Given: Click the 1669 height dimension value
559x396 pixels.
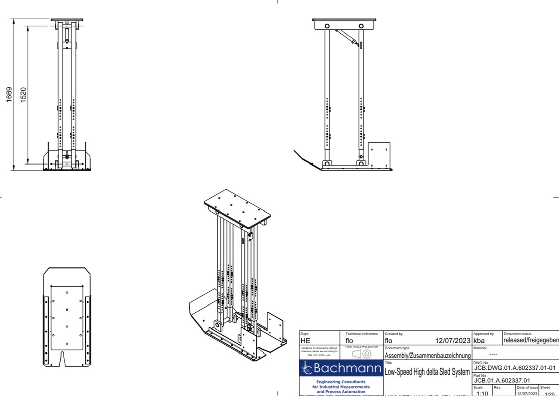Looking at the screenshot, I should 9,95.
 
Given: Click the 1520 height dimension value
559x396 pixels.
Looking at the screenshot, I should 24,95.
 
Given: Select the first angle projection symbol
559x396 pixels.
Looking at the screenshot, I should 362,354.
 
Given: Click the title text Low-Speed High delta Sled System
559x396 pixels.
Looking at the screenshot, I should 427,372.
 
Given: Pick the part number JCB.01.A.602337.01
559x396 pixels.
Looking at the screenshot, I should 502,380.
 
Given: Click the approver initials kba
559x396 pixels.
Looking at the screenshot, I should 479,340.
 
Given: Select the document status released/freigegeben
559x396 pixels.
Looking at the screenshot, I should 531,340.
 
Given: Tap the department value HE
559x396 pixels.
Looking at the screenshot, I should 305,340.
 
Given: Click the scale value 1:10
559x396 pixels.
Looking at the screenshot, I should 482,393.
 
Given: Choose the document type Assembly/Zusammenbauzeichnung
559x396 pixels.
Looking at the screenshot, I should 428,355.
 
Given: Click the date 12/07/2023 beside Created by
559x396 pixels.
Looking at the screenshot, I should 453,340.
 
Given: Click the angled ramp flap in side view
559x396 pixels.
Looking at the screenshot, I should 305,158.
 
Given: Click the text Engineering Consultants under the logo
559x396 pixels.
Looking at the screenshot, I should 341,382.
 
